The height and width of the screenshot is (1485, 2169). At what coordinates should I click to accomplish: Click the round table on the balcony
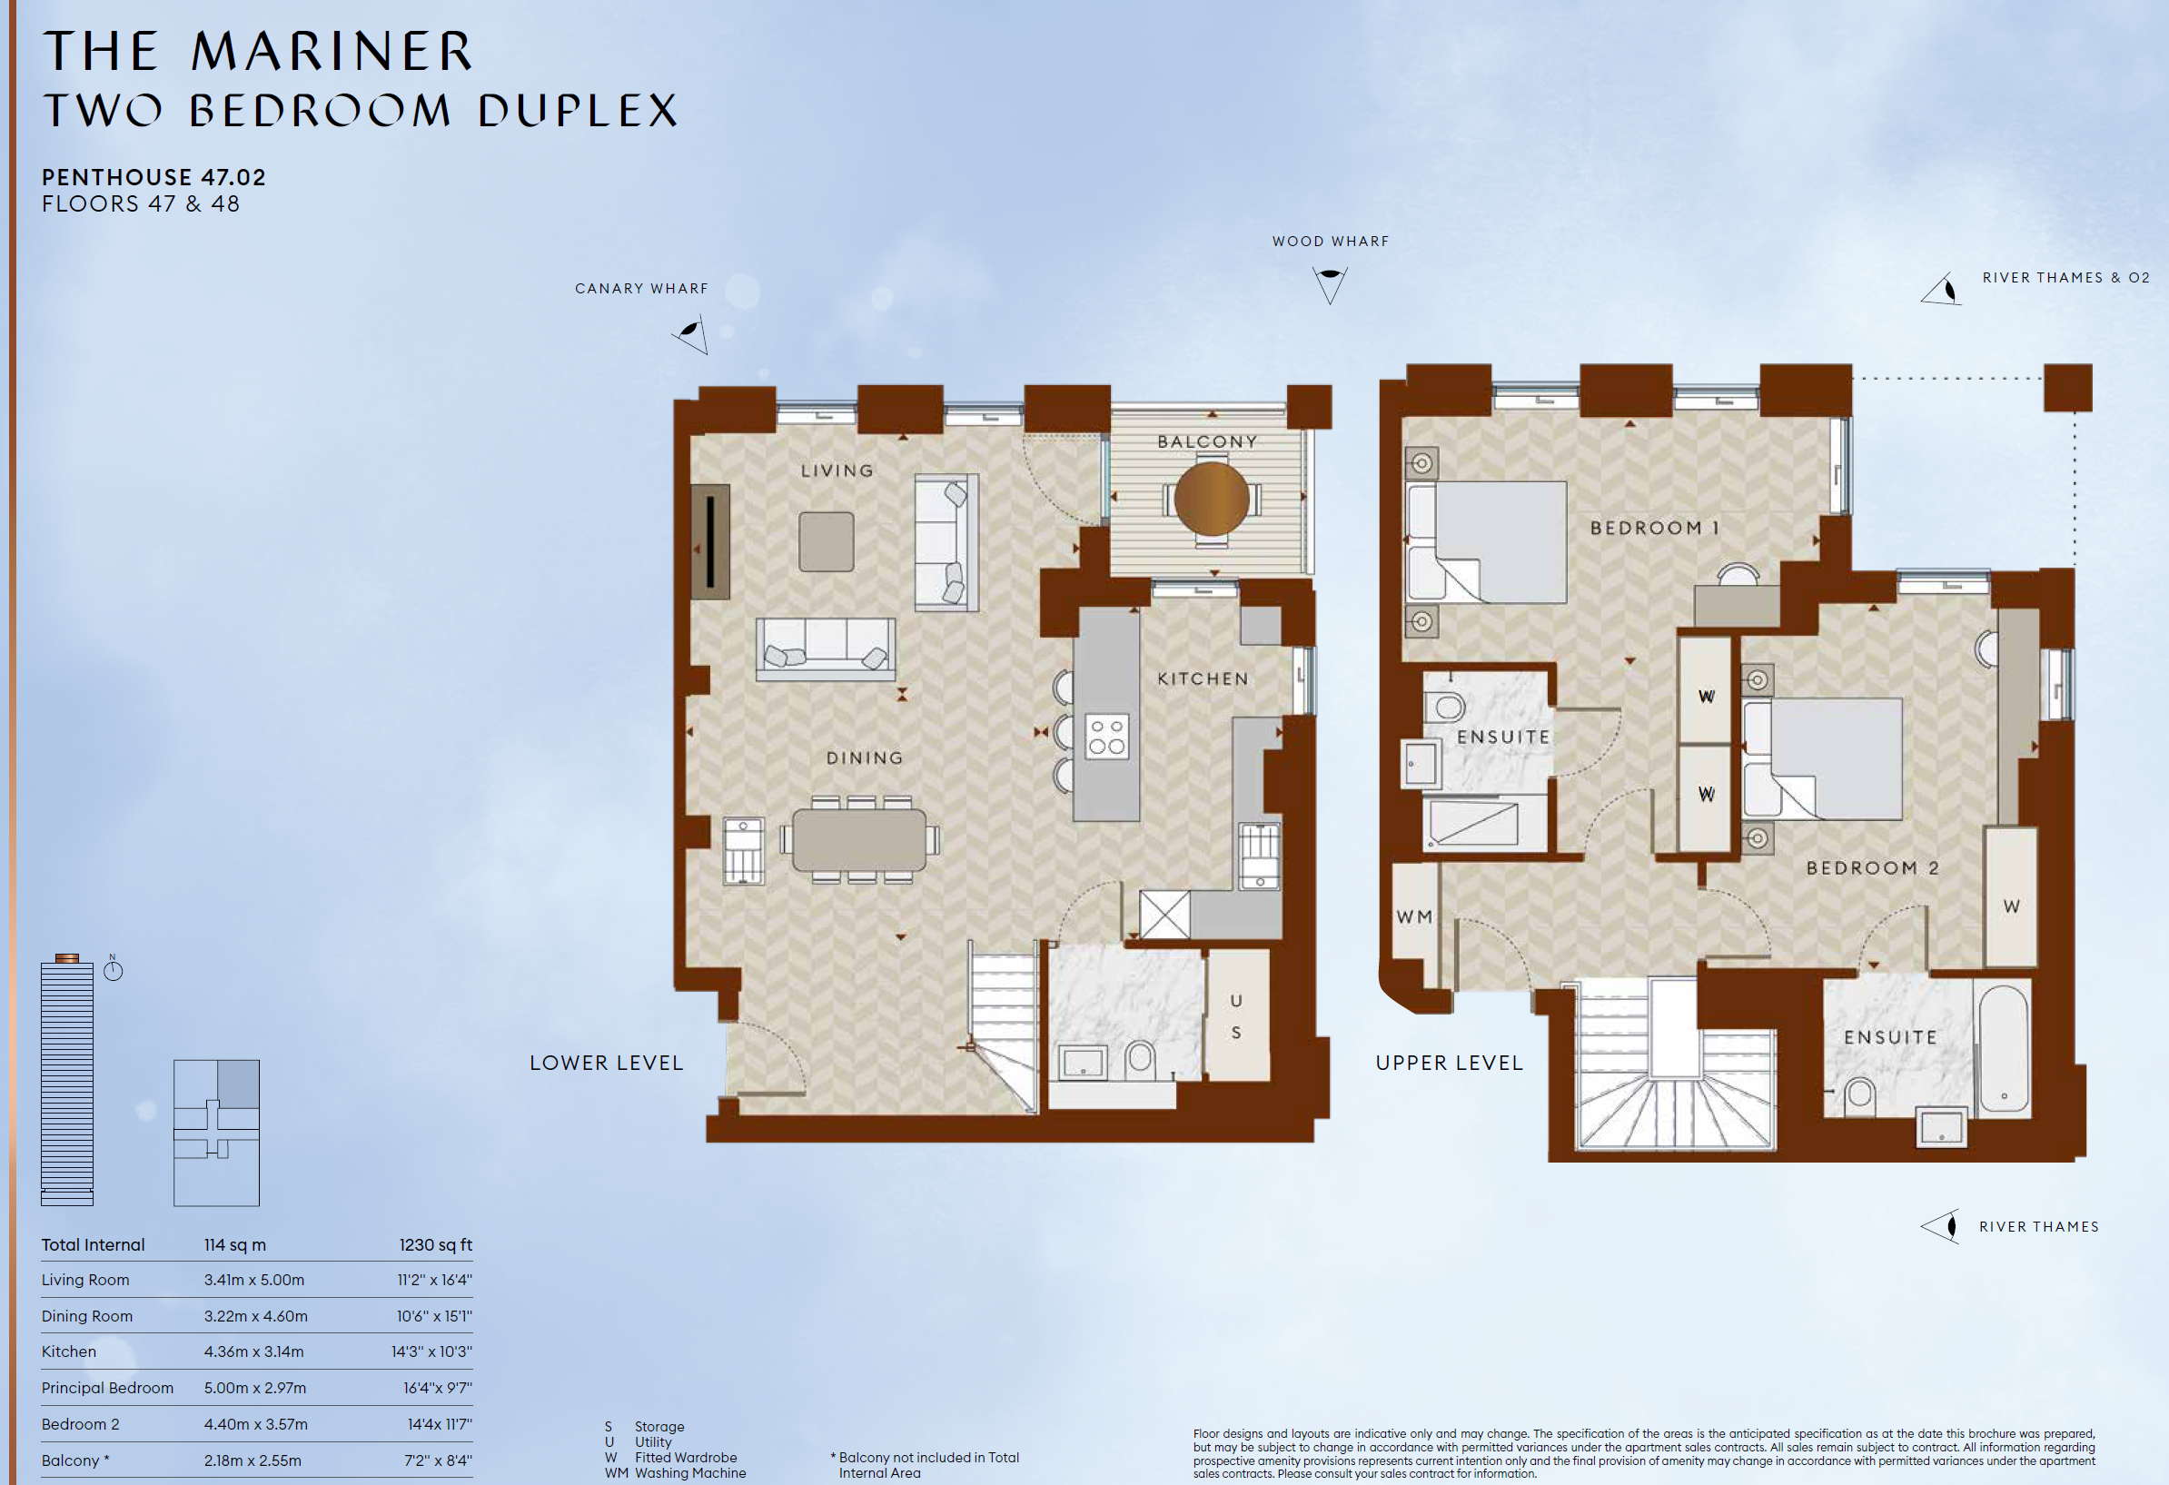(x=1212, y=499)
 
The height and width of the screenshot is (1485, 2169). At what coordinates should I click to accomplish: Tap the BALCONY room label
(x=1208, y=441)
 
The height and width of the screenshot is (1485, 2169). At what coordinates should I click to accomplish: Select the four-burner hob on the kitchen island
(x=1107, y=736)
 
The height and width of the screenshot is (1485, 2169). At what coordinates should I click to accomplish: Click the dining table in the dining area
(x=859, y=840)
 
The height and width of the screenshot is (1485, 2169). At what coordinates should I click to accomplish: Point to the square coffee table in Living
(x=826, y=541)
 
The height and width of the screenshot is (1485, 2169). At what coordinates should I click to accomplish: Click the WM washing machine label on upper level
(x=1414, y=917)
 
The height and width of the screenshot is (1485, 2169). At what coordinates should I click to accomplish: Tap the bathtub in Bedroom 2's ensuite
(x=2003, y=1048)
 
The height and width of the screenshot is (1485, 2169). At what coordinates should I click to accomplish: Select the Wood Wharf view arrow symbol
(x=1330, y=283)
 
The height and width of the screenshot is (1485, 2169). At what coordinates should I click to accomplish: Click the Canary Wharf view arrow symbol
(x=690, y=334)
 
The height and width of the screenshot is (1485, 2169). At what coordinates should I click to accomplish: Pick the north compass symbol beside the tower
(x=113, y=969)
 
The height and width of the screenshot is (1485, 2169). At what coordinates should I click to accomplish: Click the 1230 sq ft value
(x=435, y=1245)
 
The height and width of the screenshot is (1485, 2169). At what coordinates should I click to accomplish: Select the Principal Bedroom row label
(x=107, y=1388)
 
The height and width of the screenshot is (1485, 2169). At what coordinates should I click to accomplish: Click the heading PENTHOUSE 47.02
(x=154, y=177)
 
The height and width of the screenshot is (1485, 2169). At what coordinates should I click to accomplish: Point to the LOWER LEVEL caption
(x=607, y=1063)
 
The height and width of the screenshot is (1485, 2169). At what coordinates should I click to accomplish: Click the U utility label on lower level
(x=1235, y=1001)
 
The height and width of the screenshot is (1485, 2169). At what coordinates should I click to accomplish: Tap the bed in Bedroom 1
(x=1486, y=542)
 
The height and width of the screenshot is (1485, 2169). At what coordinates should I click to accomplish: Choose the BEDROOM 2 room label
(x=1872, y=868)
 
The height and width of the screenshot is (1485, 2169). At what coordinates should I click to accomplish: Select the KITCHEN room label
(x=1202, y=678)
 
